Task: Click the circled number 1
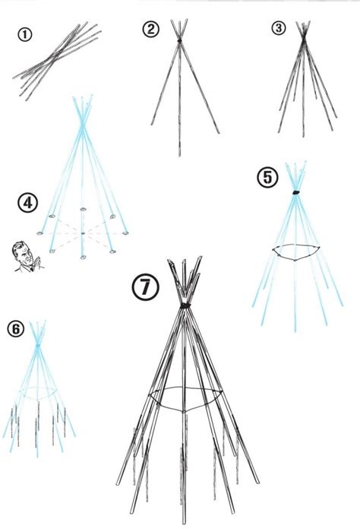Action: [24, 35]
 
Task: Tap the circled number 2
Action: [150, 29]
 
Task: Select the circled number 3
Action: [278, 28]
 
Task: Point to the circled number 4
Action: [27, 203]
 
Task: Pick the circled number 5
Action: [268, 177]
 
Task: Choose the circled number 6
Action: [16, 328]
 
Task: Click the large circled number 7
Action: [145, 287]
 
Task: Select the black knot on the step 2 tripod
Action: [179, 41]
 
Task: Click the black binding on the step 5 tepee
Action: [296, 192]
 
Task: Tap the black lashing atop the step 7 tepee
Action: [185, 306]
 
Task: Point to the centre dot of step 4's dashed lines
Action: [83, 233]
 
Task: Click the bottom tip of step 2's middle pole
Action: [179, 156]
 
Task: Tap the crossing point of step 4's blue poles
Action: [82, 125]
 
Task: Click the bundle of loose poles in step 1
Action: [57, 61]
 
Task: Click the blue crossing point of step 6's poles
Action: [38, 345]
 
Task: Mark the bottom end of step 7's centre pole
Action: [184, 521]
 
